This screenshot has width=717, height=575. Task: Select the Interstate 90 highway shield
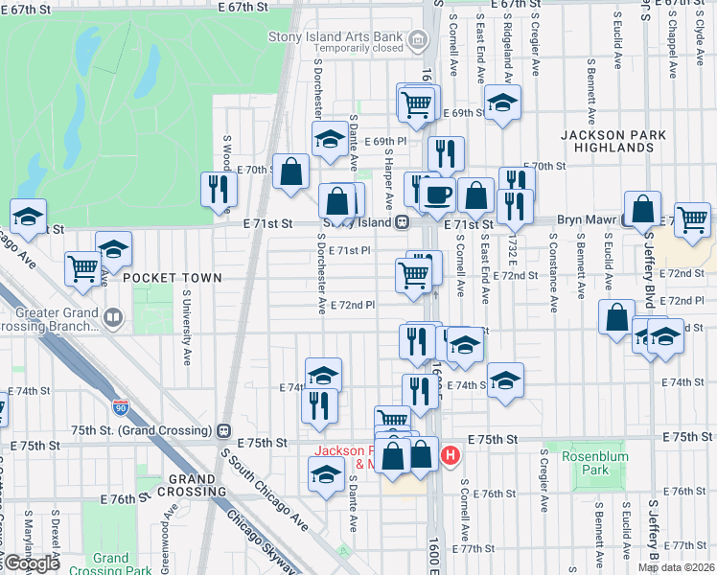(121, 407)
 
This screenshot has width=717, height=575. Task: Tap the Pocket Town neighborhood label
(159, 278)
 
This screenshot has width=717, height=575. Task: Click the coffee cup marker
(438, 195)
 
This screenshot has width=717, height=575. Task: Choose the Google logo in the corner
(31, 563)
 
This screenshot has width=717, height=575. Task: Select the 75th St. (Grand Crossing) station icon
(224, 430)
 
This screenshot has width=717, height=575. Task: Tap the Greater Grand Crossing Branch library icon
(113, 317)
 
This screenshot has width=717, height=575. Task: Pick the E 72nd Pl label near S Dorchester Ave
(352, 306)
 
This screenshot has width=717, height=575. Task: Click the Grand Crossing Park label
(111, 564)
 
